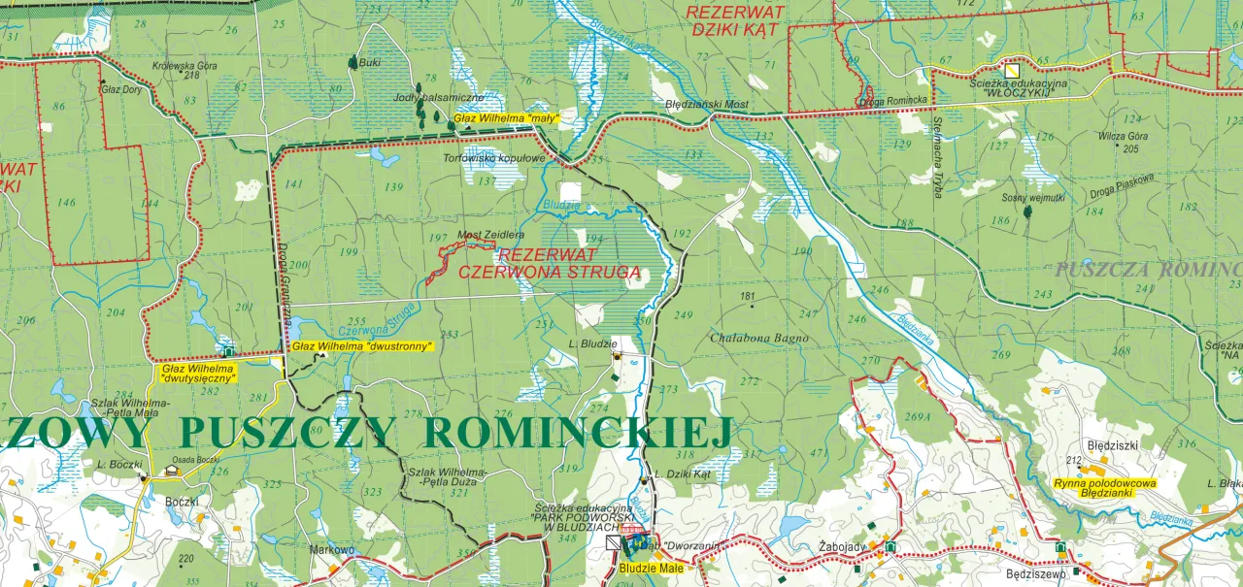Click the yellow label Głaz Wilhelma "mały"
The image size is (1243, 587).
click(505, 118)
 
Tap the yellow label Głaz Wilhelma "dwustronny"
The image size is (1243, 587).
click(361, 345)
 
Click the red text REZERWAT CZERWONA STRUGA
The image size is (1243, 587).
click(549, 264)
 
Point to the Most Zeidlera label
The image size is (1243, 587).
click(490, 235)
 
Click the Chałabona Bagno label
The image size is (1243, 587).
click(759, 338)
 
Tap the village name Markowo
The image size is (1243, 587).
click(331, 549)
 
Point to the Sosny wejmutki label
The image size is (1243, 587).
click(1033, 197)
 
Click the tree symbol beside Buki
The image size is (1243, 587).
click(352, 62)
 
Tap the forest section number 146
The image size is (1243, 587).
click(66, 203)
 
